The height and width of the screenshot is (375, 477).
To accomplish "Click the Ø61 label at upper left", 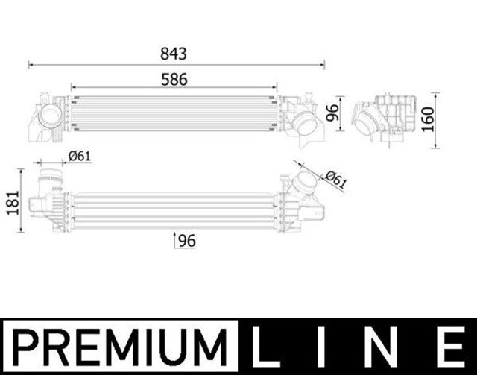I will click(x=79, y=155).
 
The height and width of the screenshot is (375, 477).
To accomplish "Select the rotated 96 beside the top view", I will click(x=332, y=113).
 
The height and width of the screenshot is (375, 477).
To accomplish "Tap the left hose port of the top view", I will click(x=48, y=117).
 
